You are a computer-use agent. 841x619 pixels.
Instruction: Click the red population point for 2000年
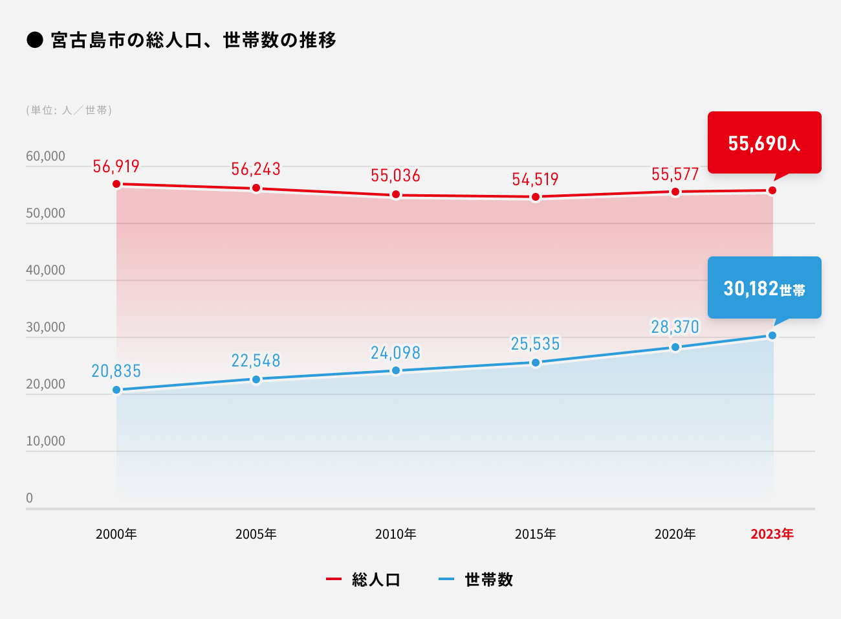point(116,184)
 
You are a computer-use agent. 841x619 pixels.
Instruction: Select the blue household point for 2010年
point(396,370)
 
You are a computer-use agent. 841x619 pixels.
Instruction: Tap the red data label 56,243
point(256,169)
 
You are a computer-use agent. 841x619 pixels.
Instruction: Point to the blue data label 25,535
point(535,344)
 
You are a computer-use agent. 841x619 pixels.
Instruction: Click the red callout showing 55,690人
point(764,142)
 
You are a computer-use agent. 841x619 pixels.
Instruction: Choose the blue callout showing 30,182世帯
point(764,287)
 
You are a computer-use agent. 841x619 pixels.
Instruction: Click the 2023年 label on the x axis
point(772,534)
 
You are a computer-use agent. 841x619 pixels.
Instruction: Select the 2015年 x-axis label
point(535,534)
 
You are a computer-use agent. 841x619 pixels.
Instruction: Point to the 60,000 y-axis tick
point(45,156)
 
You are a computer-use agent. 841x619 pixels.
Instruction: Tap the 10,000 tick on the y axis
point(45,441)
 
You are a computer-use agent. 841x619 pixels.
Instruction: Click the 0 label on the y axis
point(29,498)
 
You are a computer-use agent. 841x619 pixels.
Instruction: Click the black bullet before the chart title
point(34,40)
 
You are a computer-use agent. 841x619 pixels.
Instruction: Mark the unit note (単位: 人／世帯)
point(69,110)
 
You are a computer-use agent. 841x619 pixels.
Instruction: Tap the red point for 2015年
point(536,197)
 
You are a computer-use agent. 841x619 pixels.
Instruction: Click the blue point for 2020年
point(675,347)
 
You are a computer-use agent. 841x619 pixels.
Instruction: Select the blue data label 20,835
point(116,371)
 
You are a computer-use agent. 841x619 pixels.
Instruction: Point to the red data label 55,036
point(395,175)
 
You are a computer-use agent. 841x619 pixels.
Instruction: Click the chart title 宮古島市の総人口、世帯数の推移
point(193,40)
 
